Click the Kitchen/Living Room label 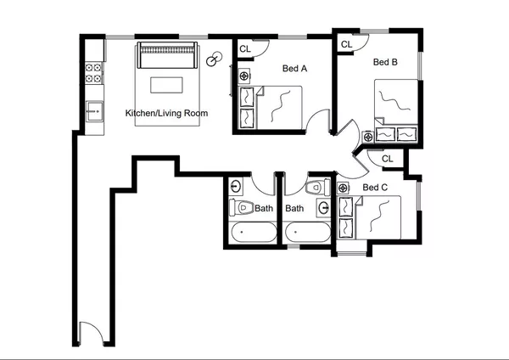(x=166, y=113)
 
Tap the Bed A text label (x=294, y=70)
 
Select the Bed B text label (x=386, y=62)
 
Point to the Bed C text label (x=375, y=188)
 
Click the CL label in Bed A (x=245, y=50)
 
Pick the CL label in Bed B (x=346, y=44)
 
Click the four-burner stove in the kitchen (x=93, y=72)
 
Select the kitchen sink (x=93, y=110)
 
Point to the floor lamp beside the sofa (x=215, y=59)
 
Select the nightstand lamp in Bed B (x=368, y=136)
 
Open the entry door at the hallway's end (x=90, y=334)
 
